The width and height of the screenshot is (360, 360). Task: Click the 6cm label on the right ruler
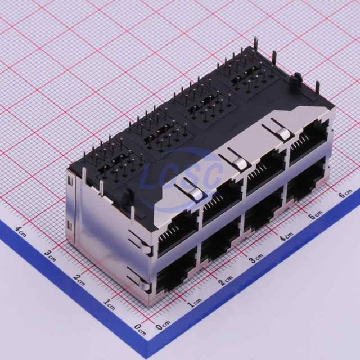pos(345,193)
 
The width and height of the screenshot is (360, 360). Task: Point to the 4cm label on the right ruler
pos(287,236)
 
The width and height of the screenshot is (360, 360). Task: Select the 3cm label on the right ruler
pos(256,259)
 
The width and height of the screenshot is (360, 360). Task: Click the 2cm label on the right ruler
pos(226,281)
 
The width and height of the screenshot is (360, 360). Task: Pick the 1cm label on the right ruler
pos(195,303)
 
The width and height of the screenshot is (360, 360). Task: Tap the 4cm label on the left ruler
pos(21,232)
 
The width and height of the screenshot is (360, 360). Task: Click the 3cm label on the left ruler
pos(50,256)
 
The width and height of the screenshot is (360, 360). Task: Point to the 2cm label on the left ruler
pos(79,280)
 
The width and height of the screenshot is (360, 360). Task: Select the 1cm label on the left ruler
pos(109,305)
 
